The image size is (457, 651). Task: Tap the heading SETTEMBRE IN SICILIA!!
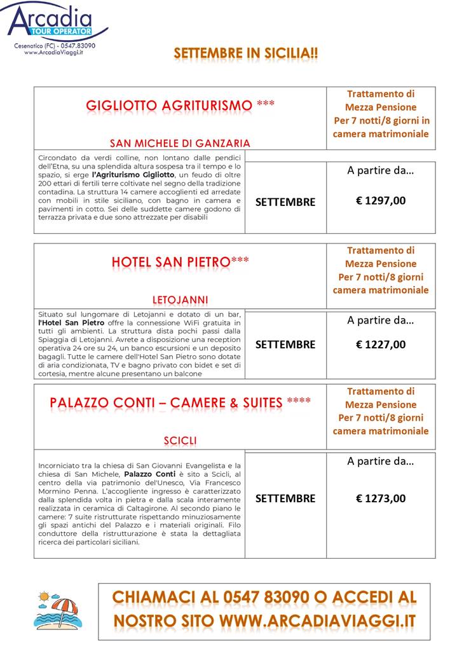[x=246, y=53]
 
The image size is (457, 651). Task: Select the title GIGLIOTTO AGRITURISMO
[x=168, y=106]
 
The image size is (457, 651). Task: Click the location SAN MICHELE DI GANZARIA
[x=180, y=143]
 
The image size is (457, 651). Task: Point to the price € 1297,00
[x=380, y=201]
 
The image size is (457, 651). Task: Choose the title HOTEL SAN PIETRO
[x=170, y=262]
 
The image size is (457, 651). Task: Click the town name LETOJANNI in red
[x=180, y=299]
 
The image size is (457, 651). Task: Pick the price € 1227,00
[x=380, y=345]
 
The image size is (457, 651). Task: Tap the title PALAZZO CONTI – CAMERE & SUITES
[x=166, y=402]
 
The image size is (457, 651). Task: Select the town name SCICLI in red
[x=180, y=441]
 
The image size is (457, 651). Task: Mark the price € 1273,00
[x=380, y=498]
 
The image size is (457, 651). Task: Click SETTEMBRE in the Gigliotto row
[x=285, y=202]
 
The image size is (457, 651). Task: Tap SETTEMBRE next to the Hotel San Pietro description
[x=285, y=345]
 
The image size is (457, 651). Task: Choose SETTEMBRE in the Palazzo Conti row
[x=285, y=498]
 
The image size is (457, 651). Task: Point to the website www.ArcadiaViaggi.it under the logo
[x=55, y=53]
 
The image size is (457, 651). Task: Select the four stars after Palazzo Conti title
[x=299, y=401]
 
